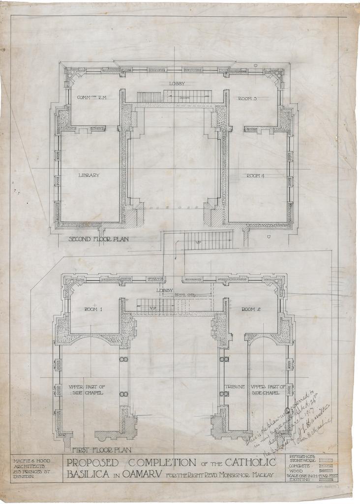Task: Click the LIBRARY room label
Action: tap(89, 175)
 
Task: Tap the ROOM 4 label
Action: tap(256, 176)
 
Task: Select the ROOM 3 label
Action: tap(247, 98)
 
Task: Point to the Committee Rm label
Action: tap(91, 97)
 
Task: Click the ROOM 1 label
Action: tap(93, 309)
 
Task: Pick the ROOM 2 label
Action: tap(251, 309)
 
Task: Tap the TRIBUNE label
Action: tap(235, 387)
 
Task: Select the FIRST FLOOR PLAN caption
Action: tap(102, 450)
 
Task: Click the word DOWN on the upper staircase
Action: tap(184, 97)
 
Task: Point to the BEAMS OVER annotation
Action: tap(184, 295)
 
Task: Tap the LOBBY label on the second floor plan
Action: tap(177, 84)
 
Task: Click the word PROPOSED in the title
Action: tap(92, 463)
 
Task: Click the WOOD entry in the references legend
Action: tap(297, 471)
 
